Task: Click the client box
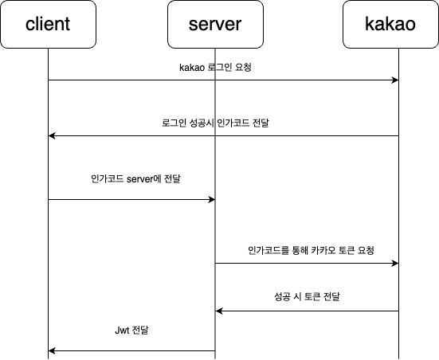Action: pos(48,25)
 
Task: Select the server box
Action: pos(215,25)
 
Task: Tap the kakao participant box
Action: pos(390,25)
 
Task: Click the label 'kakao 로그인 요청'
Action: pos(215,68)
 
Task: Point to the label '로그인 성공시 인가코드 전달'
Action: pos(215,123)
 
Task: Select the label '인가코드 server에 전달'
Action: pos(135,178)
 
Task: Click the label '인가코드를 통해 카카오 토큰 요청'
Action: pos(311,250)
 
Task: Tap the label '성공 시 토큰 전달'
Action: pos(307,296)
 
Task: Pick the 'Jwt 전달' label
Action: pos(131,331)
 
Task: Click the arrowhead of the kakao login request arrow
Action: pos(395,80)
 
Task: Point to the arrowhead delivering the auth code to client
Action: pos(52,135)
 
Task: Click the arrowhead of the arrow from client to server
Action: pos(212,200)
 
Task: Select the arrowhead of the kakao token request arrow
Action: pos(395,263)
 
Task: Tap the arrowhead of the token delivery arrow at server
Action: pos(219,311)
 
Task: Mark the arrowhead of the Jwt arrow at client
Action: pos(52,350)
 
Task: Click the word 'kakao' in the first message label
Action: pos(192,68)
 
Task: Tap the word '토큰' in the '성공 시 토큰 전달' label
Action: pos(311,296)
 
